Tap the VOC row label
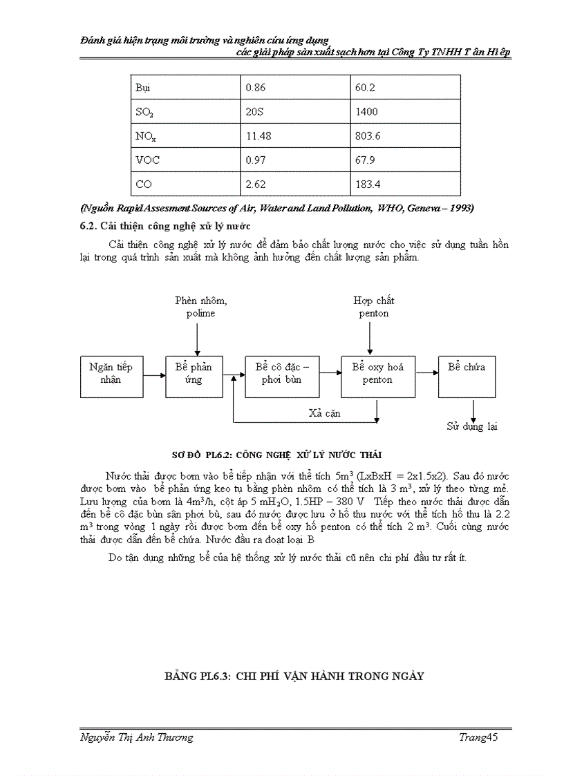pos(148,160)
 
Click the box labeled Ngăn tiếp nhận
pos(111,374)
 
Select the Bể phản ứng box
pos(194,374)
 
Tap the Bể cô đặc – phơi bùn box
pos(278,374)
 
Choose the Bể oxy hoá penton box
pos(377,374)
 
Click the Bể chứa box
pos(467,374)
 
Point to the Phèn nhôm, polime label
pos(200,307)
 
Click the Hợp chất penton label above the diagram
pos(373,307)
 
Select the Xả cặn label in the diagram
pos(324,413)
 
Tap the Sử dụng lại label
pos(472,426)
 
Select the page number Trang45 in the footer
pos(478,737)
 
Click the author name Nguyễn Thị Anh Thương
pos(137,737)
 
